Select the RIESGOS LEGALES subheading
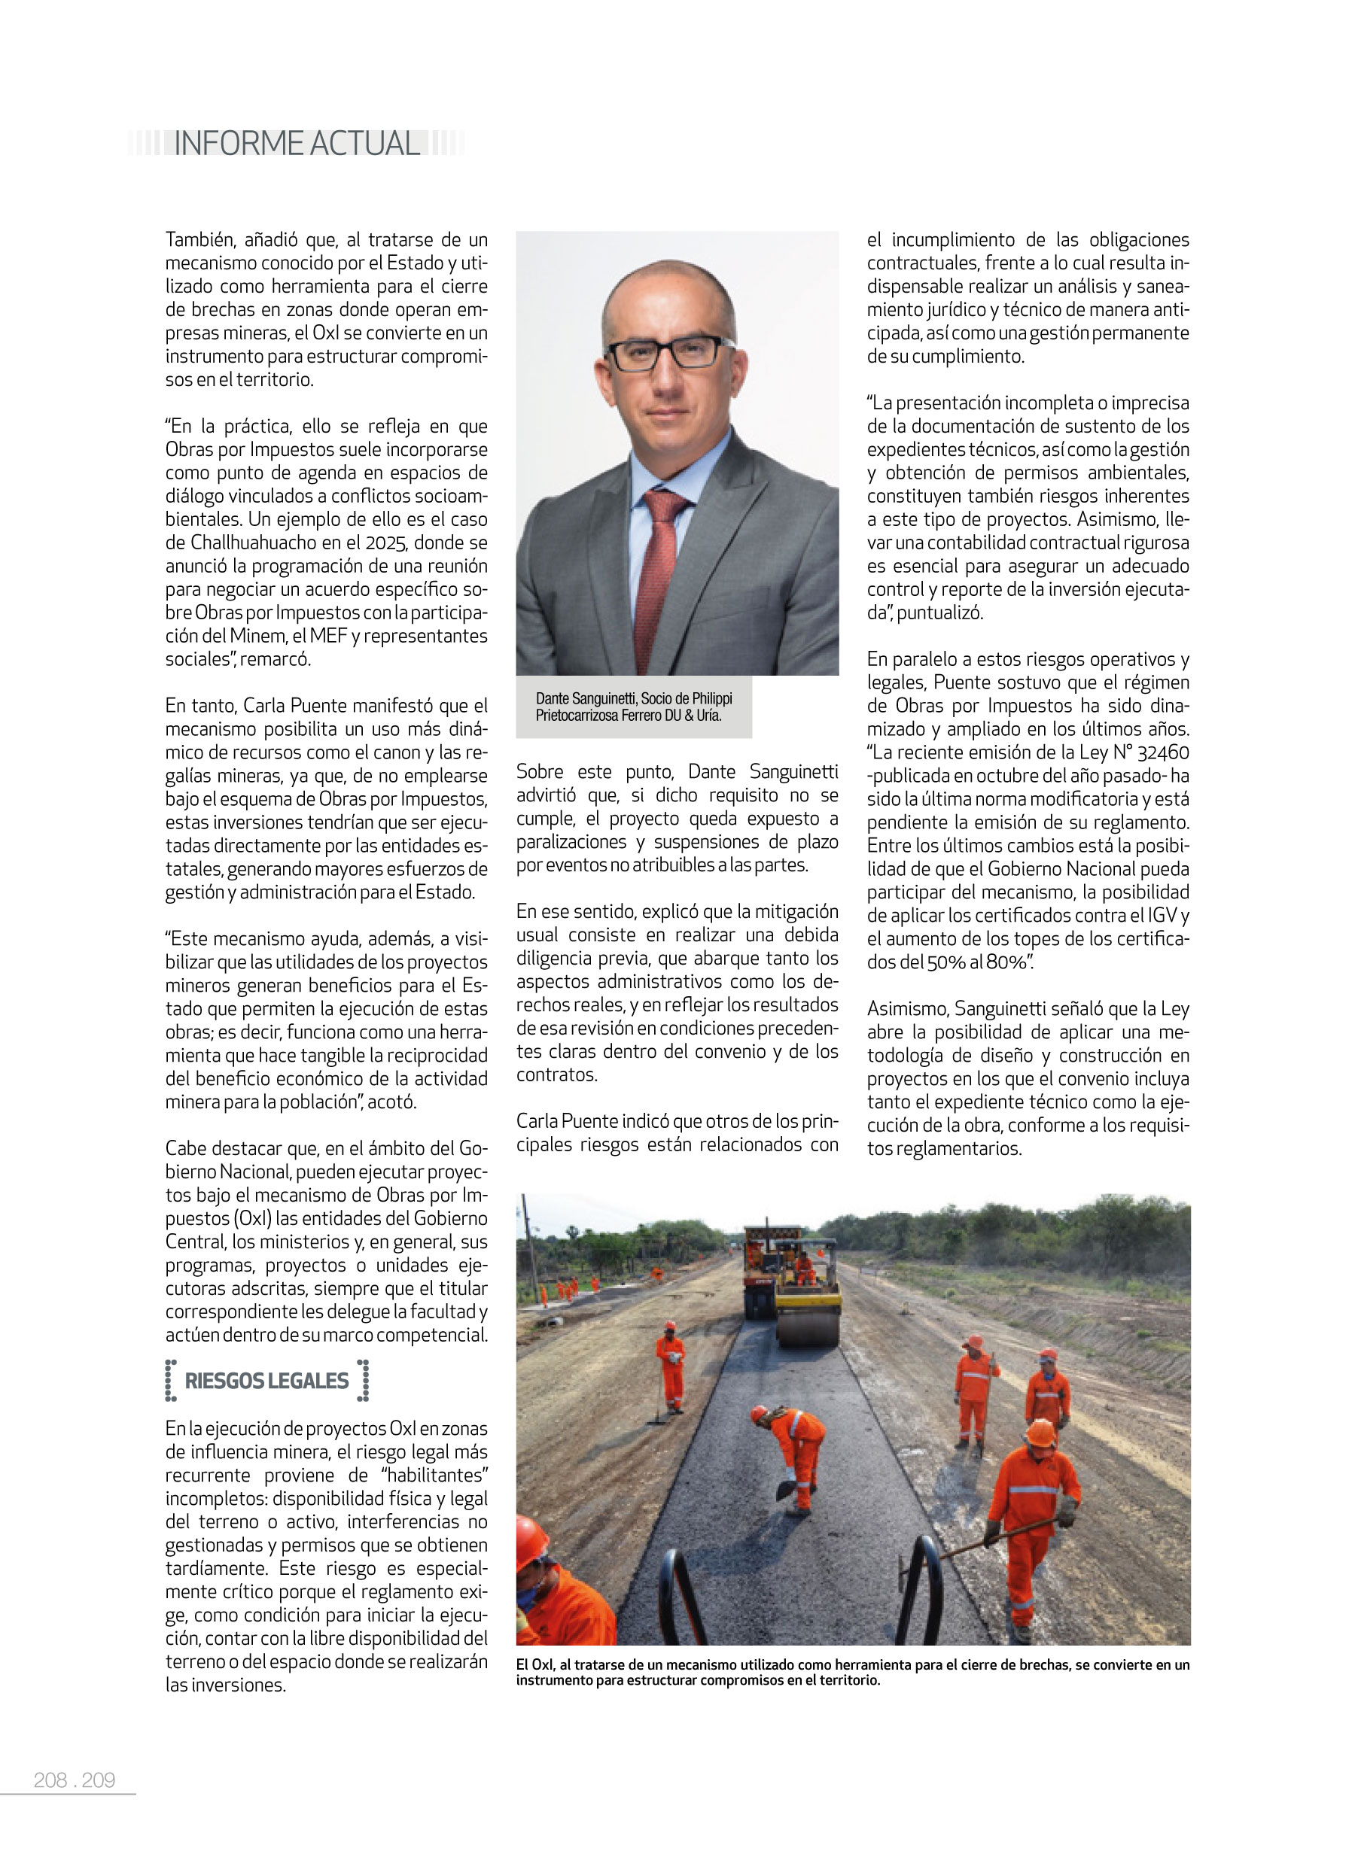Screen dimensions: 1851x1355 (x=266, y=1381)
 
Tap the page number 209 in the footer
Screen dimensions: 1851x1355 (x=99, y=1780)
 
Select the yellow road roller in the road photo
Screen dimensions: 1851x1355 (x=808, y=1302)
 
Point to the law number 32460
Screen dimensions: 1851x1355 (x=1162, y=752)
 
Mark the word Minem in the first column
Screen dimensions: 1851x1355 (x=257, y=636)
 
